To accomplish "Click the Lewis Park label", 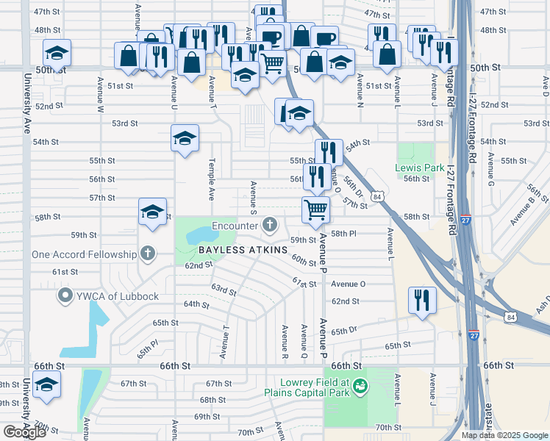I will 419,168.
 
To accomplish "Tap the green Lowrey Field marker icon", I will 360,385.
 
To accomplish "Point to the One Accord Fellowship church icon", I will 148,254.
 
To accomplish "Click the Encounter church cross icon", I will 271,225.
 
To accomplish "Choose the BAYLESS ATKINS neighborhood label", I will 242,251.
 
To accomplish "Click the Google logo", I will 24,432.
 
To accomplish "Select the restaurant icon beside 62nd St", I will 422,299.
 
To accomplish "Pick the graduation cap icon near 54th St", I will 185,137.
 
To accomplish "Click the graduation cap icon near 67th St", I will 47,385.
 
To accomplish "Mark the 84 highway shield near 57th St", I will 377,197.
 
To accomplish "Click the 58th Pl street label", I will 343,233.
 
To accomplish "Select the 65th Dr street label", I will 343,331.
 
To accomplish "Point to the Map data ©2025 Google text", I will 504,435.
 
